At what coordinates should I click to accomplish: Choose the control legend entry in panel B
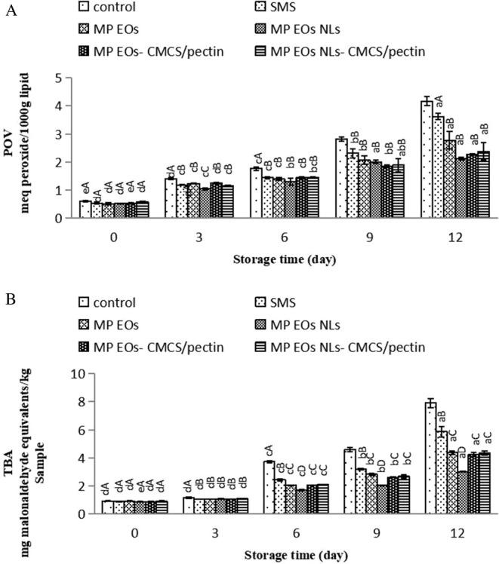point(113,302)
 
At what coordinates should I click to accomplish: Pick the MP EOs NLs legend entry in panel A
point(310,29)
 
